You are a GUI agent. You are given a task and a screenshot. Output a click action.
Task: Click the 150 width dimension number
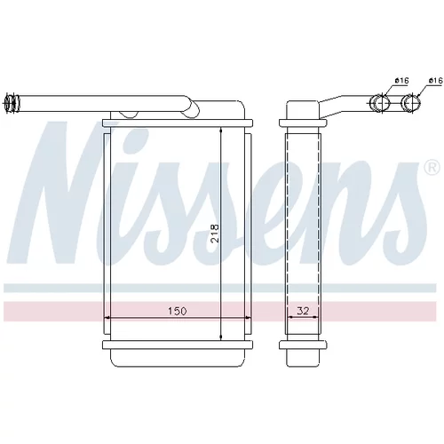[x=178, y=311]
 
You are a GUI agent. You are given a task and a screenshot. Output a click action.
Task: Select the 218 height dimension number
[x=215, y=234]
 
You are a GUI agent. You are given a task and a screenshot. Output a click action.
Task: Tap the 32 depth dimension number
[x=303, y=311]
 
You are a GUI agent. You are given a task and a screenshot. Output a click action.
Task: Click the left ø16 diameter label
[x=401, y=80]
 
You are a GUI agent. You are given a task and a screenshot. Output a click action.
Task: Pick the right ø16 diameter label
[x=436, y=80]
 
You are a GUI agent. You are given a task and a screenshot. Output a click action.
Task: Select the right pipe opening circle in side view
[x=412, y=103]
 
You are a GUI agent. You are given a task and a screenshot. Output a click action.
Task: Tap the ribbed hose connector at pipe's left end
[x=12, y=104]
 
